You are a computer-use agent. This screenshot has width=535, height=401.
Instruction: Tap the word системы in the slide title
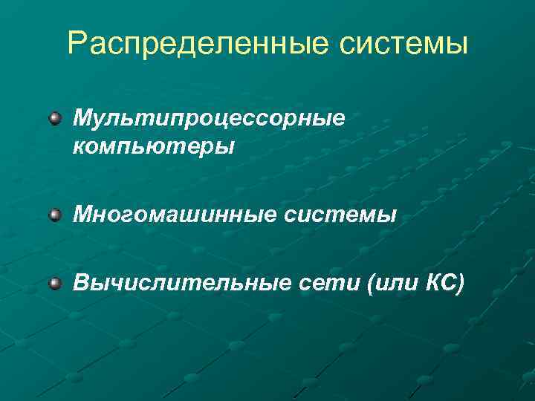403,44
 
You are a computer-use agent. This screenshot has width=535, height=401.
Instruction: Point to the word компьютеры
154,146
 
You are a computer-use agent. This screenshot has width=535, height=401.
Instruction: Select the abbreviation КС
442,284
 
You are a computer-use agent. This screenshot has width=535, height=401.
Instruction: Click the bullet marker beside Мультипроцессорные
56,118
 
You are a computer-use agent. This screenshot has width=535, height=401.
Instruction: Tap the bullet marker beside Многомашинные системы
56,215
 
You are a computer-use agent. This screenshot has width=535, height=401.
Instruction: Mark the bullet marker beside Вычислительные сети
56,284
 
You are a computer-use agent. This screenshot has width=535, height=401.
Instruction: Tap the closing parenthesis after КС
461,284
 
